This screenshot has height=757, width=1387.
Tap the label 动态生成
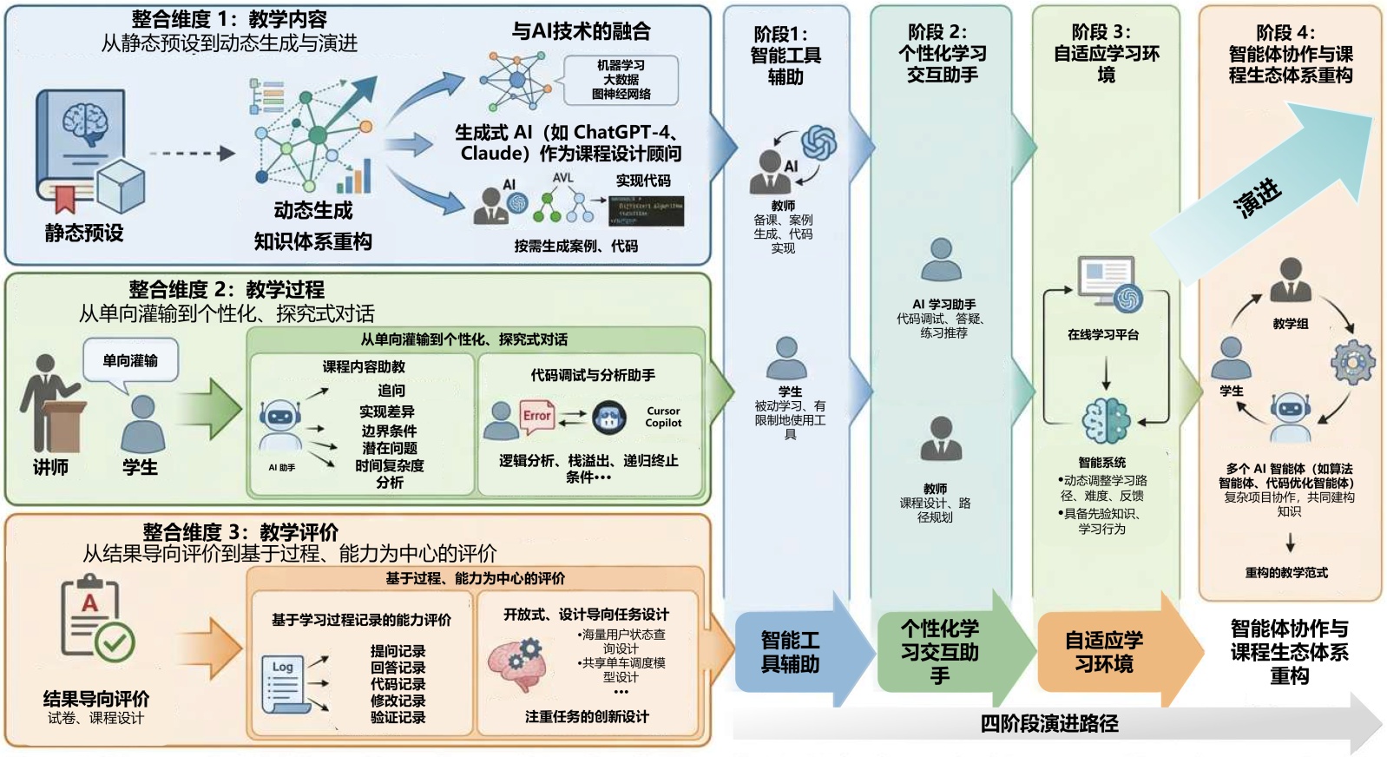tap(312, 211)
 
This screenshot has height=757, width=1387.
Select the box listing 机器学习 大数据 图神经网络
tap(621, 80)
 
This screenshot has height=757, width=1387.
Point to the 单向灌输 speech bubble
tap(130, 360)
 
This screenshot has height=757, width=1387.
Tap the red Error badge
tap(537, 416)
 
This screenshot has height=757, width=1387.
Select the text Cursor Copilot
tap(663, 417)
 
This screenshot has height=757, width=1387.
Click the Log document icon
tap(285, 682)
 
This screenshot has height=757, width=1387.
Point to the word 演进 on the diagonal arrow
tap(1257, 197)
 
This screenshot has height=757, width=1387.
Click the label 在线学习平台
tap(1103, 334)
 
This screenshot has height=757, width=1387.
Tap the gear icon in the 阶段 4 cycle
tap(1352, 363)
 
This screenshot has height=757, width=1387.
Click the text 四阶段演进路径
tap(1048, 723)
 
